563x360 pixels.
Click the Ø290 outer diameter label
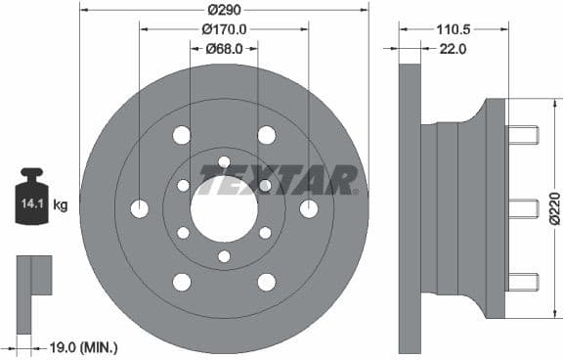(224, 11)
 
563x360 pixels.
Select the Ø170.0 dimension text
(224, 29)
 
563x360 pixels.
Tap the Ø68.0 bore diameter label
(224, 48)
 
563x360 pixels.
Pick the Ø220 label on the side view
(554, 208)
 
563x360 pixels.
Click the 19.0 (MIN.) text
(83, 346)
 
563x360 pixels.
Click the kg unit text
(61, 205)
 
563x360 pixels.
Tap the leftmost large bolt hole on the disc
(139, 208)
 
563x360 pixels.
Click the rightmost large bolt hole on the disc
(309, 208)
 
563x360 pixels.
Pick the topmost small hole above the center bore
(224, 161)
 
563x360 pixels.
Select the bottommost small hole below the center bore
(224, 256)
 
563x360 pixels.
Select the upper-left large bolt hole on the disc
(182, 135)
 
